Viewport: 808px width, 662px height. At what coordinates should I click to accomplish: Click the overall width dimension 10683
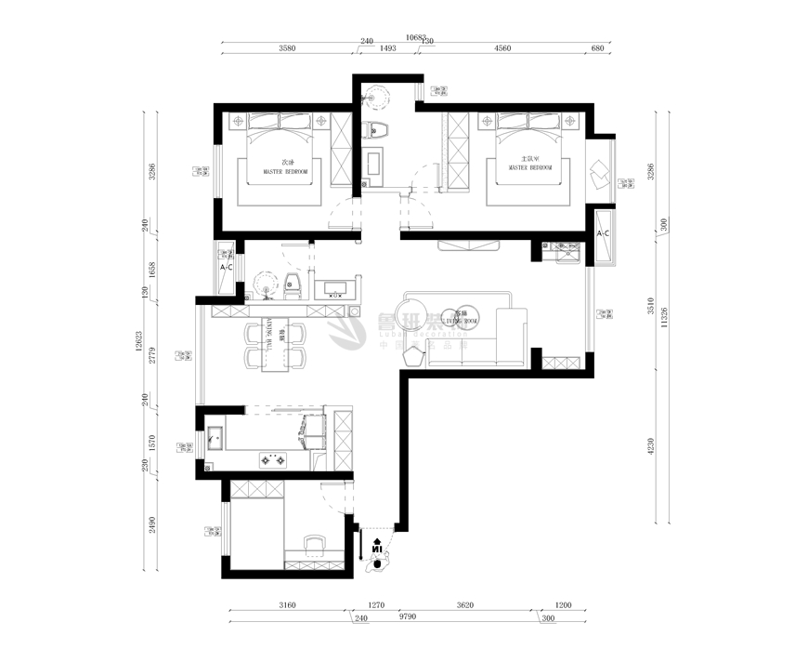tap(417, 38)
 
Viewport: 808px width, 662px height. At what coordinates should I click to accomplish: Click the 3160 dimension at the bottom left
tap(286, 605)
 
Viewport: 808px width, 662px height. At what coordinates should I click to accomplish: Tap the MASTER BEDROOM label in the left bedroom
tap(286, 172)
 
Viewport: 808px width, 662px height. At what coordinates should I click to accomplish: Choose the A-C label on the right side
tap(602, 232)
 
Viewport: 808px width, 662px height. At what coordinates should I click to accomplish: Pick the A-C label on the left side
tap(225, 268)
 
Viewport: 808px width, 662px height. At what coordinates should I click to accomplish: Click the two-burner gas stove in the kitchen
tap(276, 458)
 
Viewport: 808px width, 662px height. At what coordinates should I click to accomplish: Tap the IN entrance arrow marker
tap(377, 548)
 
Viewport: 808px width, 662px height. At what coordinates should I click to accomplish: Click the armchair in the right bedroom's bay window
tap(599, 173)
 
